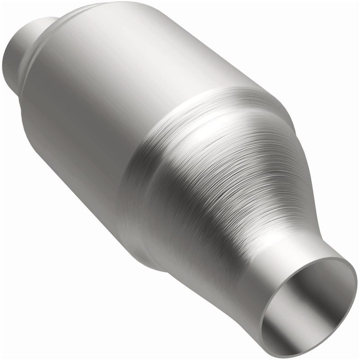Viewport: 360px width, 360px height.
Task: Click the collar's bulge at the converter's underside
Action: [x=139, y=243]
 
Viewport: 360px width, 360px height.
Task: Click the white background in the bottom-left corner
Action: [x=27, y=333]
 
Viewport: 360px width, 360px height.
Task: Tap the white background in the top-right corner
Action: [x=333, y=27]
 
